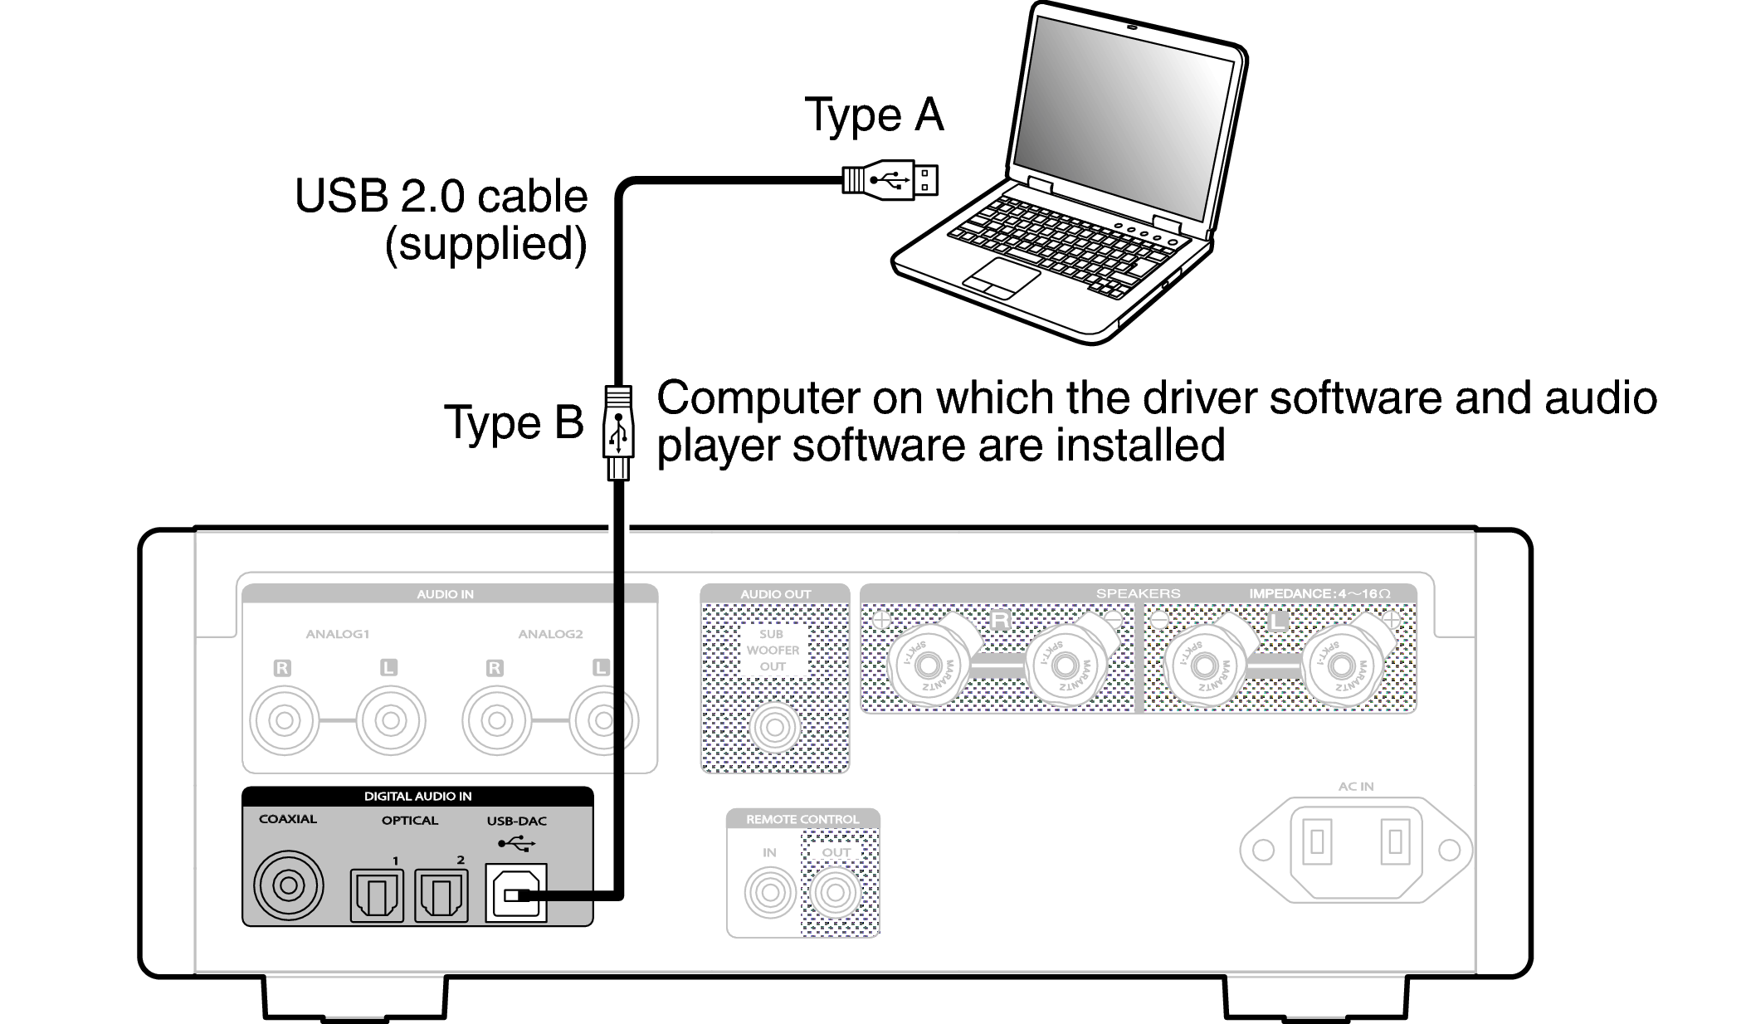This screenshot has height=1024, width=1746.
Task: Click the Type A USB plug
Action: coord(890,179)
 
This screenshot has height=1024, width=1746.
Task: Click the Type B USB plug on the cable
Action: coord(617,432)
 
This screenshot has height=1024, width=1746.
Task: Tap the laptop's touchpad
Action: coord(1001,277)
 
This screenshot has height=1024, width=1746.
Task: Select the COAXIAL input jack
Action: coord(287,885)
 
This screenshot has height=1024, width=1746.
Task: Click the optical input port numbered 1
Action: coord(377,895)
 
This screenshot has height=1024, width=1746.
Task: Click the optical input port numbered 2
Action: coord(441,895)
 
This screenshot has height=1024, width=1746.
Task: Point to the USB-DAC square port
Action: coord(515,893)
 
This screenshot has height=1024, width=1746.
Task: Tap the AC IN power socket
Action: coord(1355,849)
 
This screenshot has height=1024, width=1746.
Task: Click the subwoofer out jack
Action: coord(773,728)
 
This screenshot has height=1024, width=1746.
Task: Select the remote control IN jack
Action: coord(769,893)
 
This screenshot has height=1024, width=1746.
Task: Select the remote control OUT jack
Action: coord(835,893)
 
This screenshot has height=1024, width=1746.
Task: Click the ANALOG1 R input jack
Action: coord(284,719)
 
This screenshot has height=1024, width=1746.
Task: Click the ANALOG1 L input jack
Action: coord(390,719)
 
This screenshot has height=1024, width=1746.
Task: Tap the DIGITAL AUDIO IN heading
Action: coord(417,796)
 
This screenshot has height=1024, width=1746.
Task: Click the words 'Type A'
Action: coord(874,115)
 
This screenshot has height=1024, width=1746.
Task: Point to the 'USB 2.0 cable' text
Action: coord(441,197)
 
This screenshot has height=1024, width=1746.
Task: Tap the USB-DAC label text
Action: coord(516,821)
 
